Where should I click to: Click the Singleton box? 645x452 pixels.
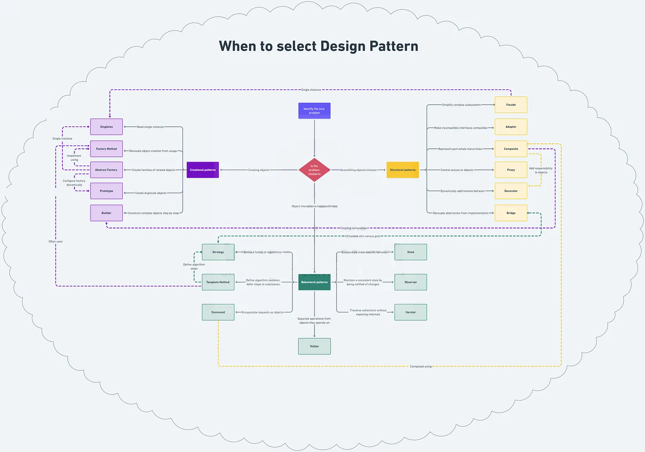(106, 127)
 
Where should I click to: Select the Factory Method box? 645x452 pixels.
(106, 149)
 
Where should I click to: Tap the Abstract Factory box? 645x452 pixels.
(106, 170)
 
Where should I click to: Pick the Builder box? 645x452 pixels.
(106, 213)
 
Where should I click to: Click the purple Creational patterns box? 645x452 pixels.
(202, 170)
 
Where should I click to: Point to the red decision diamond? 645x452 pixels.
(314, 170)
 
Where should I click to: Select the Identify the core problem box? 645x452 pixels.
(314, 111)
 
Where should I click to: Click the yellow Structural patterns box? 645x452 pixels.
(402, 170)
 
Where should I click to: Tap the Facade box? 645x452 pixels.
(511, 105)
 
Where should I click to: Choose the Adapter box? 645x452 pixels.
(511, 127)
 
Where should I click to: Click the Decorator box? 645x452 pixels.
(511, 191)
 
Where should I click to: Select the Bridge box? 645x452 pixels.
(511, 213)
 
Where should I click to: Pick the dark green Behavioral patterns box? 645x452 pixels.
(314, 282)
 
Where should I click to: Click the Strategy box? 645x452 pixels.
(218, 252)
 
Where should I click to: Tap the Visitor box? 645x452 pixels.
(314, 346)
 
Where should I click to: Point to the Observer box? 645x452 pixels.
(410, 282)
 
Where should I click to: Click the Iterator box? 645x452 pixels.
(410, 312)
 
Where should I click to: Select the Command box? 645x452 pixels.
(218, 312)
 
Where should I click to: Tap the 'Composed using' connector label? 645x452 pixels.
(420, 367)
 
